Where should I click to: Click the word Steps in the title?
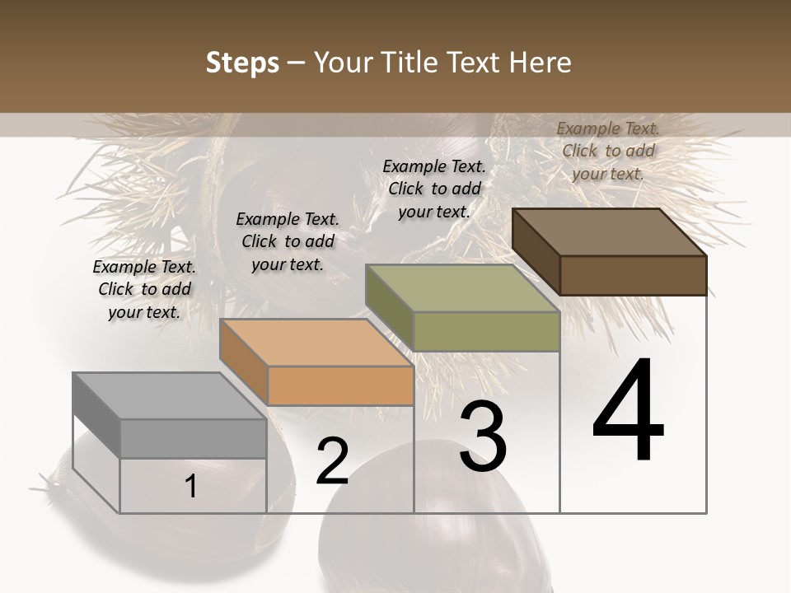(242, 63)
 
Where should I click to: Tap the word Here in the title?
(537, 63)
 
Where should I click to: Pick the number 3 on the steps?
(482, 438)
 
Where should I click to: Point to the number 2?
(332, 461)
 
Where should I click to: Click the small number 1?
(191, 487)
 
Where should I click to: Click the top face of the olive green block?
(462, 288)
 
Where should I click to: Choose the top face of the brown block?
(610, 232)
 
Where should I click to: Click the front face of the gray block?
(194, 438)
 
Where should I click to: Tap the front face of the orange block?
(340, 385)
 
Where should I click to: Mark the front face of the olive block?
(486, 331)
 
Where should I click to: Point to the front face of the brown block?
(633, 275)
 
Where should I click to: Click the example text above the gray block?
(144, 289)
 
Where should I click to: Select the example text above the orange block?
(288, 241)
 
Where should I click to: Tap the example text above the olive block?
(434, 189)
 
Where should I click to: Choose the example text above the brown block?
(608, 151)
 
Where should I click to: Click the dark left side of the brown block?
(536, 252)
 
